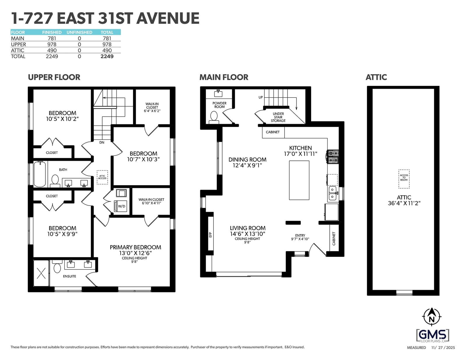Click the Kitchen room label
[300, 148]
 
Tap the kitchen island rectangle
[299, 180]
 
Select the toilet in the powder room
[213, 117]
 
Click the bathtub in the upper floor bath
[40, 174]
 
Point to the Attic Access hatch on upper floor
[102, 177]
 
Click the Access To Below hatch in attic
[404, 179]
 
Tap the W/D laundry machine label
[121, 206]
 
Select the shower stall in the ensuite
[41, 273]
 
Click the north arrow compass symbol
[431, 317]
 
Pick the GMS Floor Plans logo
[433, 336]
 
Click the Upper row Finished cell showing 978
[52, 44]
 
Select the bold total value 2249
[107, 57]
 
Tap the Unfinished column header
[79, 32]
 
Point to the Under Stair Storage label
[278, 117]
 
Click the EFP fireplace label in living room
[210, 235]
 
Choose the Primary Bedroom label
[135, 247]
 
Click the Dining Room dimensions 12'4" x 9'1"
[247, 165]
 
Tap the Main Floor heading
[224, 77]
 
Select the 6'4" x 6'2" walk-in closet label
[152, 111]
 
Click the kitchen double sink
[332, 193]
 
